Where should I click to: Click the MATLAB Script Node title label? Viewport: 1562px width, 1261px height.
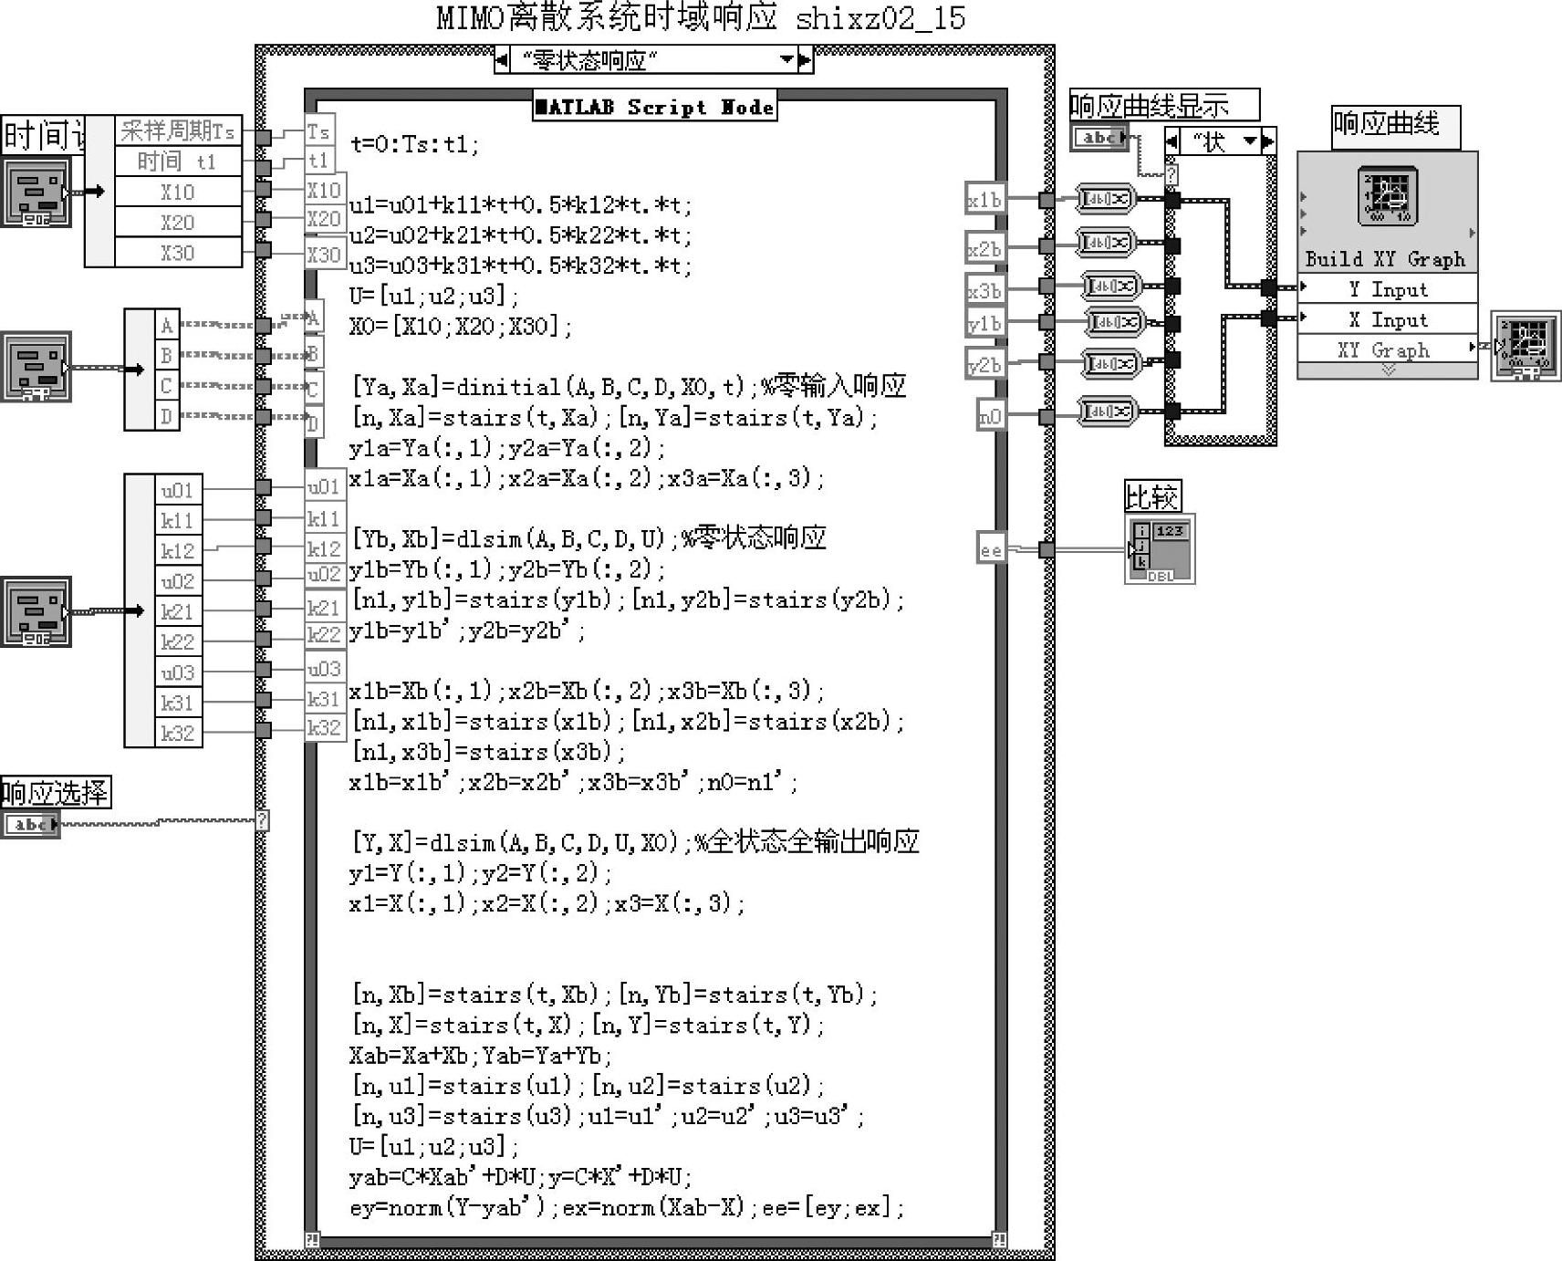[655, 107]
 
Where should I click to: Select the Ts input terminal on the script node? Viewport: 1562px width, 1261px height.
[318, 131]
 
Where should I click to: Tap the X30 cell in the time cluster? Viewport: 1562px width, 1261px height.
[178, 253]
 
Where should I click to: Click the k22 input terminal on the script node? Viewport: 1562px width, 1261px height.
[323, 635]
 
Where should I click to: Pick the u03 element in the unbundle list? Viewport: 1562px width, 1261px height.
[178, 672]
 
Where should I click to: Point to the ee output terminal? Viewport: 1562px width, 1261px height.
[990, 549]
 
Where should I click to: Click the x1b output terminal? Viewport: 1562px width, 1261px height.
[984, 199]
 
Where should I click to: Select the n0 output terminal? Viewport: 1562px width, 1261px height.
[990, 416]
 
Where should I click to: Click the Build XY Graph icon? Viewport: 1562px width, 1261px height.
[1387, 196]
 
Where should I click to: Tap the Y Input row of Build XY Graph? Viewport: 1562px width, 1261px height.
[1387, 289]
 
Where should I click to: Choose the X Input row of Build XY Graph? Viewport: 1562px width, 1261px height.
[1387, 319]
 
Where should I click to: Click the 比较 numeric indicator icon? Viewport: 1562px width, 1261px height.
[1160, 549]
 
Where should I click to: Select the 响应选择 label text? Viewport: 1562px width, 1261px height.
[55, 792]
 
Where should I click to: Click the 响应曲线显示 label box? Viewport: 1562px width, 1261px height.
[1163, 105]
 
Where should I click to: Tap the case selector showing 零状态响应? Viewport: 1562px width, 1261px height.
[653, 60]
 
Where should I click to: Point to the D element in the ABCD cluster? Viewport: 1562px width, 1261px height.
[166, 416]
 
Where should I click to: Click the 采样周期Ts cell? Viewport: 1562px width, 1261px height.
[178, 130]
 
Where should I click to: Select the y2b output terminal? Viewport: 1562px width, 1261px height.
[984, 364]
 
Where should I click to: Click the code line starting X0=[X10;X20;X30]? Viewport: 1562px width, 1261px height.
[461, 326]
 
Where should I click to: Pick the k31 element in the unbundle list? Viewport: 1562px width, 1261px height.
[178, 703]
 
